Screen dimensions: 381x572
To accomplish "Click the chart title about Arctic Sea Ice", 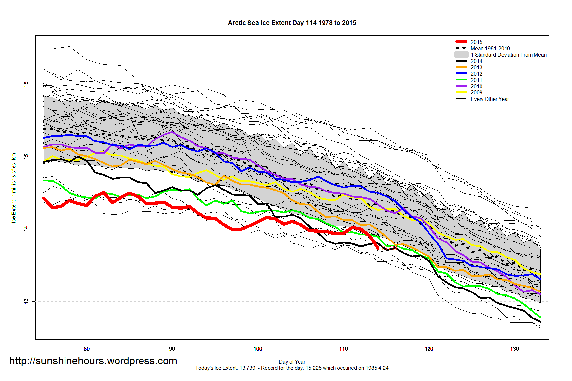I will click(292, 23).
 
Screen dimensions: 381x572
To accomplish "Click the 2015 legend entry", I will click(476, 42).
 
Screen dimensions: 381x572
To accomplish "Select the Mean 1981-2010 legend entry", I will click(490, 48).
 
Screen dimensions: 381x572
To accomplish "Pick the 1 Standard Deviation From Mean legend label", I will click(508, 55).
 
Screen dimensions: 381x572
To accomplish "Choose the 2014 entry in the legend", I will click(476, 61).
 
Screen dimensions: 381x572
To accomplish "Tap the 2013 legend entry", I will click(476, 67).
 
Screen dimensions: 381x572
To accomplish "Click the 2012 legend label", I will click(476, 74).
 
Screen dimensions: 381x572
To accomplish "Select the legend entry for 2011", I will click(476, 80).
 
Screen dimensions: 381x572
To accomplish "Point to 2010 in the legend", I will click(476, 86).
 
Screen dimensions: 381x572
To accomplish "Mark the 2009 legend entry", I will click(476, 92).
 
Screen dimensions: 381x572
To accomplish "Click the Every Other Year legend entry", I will click(489, 99).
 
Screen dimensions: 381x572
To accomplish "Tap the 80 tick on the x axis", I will click(87, 349).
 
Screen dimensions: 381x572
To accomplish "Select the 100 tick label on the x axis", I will click(258, 349).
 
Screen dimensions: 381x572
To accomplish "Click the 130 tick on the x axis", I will click(514, 349).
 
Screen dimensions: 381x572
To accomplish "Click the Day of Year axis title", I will click(292, 362).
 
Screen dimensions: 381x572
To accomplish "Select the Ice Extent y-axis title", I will click(14, 187).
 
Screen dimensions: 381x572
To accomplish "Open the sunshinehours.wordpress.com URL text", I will click(93, 361).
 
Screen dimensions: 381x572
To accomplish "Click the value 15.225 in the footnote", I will click(313, 368).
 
